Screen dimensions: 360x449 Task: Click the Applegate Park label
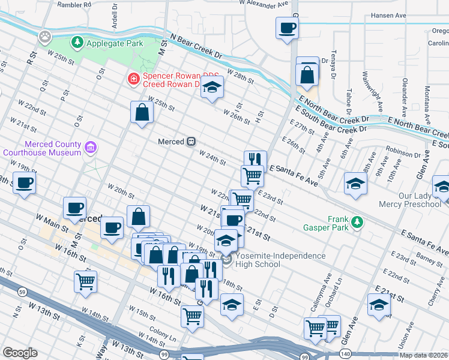pos(113,43)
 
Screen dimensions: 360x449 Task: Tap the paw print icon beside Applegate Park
pos(45,37)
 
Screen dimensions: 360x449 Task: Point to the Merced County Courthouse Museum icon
pos(91,147)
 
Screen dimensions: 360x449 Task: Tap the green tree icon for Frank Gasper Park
pos(358,223)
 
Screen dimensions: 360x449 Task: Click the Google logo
pos(20,353)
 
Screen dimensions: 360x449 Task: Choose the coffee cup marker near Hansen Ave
pos(287,28)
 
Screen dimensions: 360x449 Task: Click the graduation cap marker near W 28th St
pos(212,88)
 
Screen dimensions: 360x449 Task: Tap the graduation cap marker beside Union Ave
pos(379,305)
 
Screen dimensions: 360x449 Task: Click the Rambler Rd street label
pos(74,5)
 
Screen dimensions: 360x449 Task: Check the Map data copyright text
pos(423,355)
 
